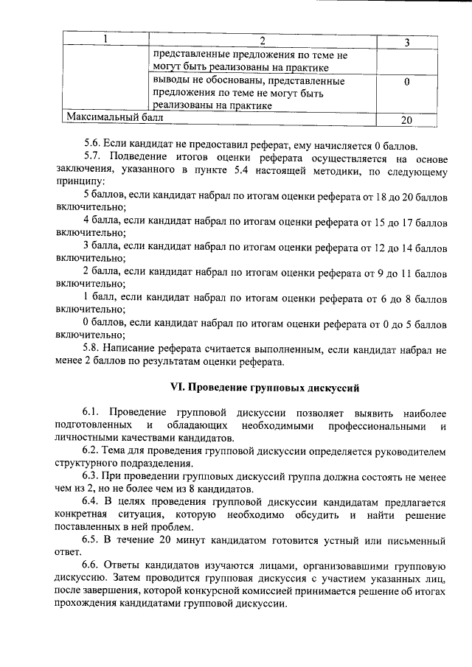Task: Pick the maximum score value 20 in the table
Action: point(406,119)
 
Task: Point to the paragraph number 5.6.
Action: point(91,143)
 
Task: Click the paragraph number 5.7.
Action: point(92,156)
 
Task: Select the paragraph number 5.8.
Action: point(92,348)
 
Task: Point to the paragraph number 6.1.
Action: point(92,413)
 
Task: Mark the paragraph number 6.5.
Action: point(91,541)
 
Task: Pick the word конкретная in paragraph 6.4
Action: point(83,515)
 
